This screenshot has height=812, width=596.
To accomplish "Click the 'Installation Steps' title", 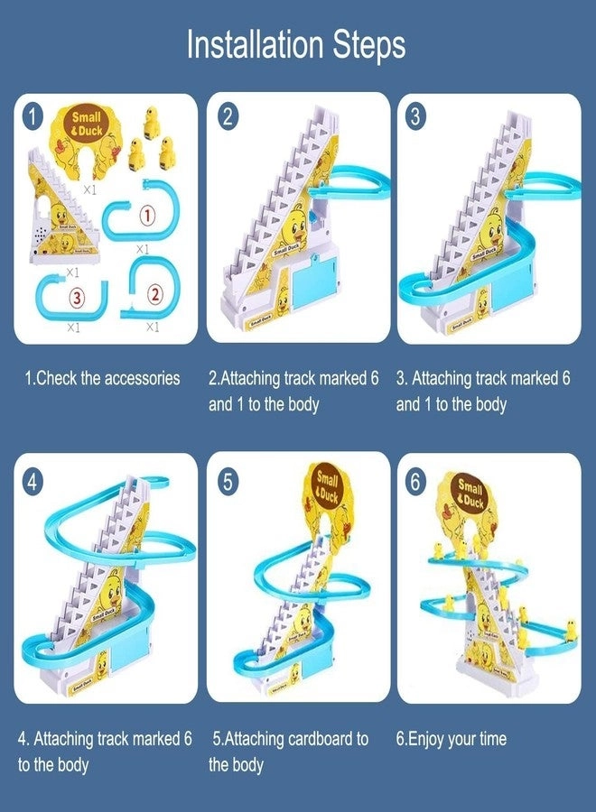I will pyautogui.click(x=296, y=44).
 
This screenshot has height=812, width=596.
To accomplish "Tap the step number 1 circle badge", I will pyautogui.click(x=33, y=115).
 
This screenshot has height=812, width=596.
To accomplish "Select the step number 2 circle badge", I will pyautogui.click(x=228, y=115).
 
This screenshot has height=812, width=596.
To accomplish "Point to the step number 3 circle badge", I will pyautogui.click(x=415, y=115).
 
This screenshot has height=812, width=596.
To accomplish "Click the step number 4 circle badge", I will pyautogui.click(x=33, y=480).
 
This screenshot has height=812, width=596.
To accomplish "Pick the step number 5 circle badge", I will pyautogui.click(x=228, y=480).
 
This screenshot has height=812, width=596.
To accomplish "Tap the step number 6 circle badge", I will pyautogui.click(x=415, y=480).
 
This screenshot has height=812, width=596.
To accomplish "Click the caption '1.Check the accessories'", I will pyautogui.click(x=101, y=379).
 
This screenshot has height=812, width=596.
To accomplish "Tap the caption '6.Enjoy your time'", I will pyautogui.click(x=452, y=739).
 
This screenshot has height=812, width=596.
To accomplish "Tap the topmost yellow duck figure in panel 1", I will pyautogui.click(x=151, y=116).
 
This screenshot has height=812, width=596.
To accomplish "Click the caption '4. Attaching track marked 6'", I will pyautogui.click(x=105, y=739).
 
